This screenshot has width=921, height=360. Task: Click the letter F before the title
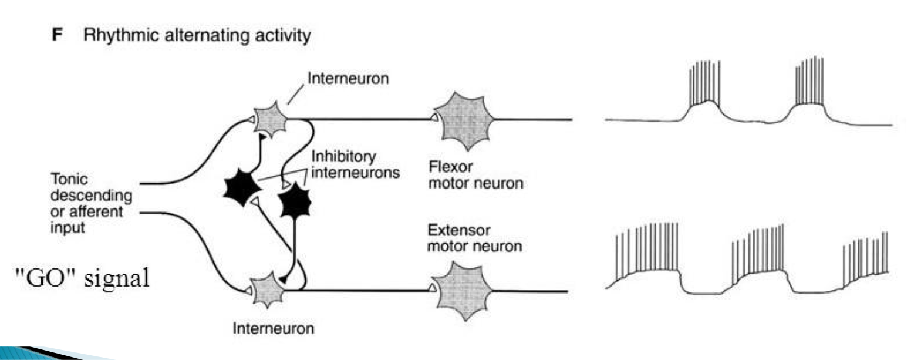57,35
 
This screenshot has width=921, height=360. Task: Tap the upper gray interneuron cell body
270,120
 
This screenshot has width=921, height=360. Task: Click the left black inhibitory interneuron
242,189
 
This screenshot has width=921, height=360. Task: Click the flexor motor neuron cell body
463,120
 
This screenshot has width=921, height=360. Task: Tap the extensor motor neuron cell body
463,291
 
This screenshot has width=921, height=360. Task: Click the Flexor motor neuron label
475,174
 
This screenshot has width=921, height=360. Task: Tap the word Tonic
69,179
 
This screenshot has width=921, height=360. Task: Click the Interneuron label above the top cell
348,78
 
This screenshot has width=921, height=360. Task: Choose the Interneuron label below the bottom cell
273,328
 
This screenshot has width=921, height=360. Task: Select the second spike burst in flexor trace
809,82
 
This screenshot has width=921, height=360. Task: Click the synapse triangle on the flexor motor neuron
433,119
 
